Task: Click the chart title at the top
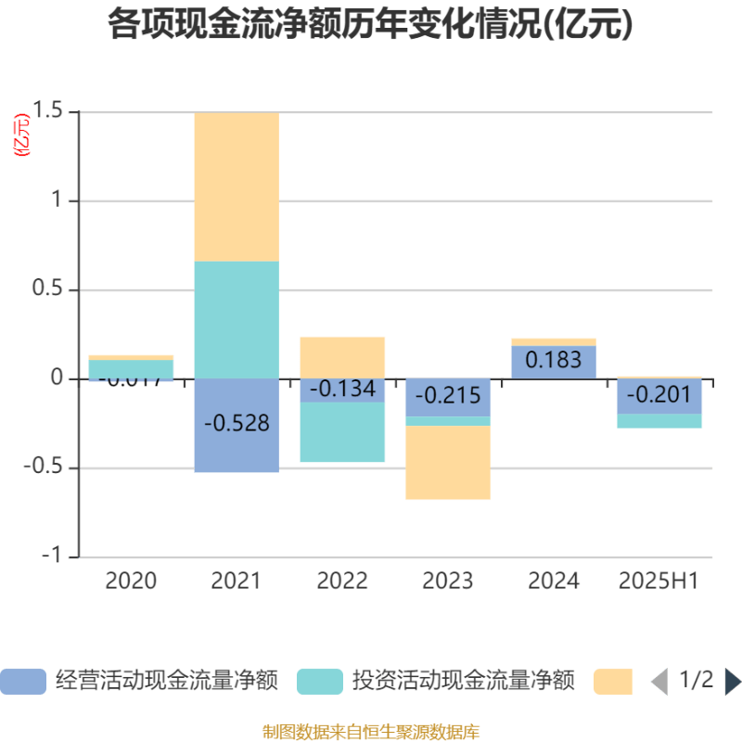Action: (x=371, y=25)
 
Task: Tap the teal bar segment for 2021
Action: (x=237, y=319)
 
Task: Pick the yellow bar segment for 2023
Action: (x=448, y=463)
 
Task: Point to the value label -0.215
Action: (x=448, y=396)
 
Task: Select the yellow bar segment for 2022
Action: (x=342, y=356)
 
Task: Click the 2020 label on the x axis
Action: (x=131, y=582)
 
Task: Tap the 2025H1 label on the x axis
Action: (x=659, y=582)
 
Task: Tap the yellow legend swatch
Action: (x=612, y=681)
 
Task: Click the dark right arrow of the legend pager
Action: (x=732, y=681)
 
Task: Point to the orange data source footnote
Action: (x=371, y=732)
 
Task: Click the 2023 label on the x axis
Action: (x=448, y=582)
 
